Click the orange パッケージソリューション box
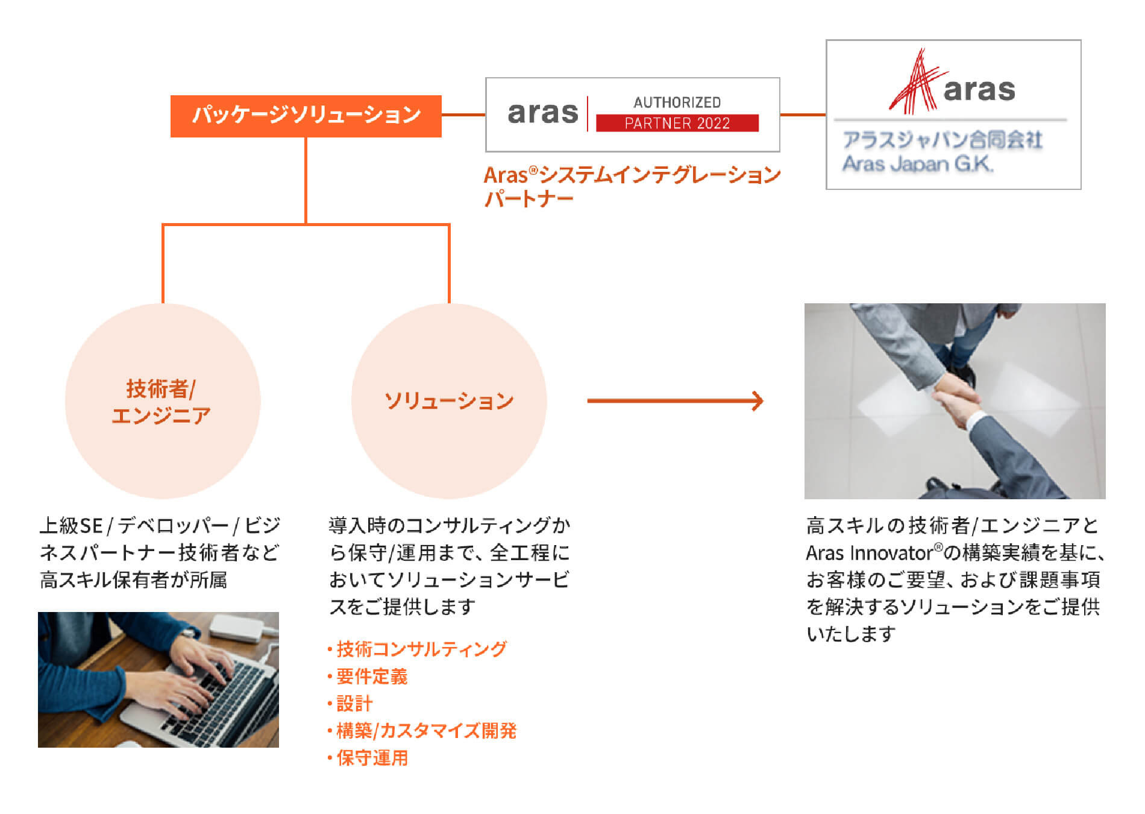click(306, 116)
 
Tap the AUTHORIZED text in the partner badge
click(677, 103)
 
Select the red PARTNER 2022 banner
click(677, 123)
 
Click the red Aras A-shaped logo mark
click(914, 81)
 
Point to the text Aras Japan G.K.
click(917, 164)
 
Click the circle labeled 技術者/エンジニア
click(163, 401)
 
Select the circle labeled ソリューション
click(449, 401)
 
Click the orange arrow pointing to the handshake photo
click(675, 401)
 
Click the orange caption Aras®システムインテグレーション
click(632, 175)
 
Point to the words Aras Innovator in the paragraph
click(870, 553)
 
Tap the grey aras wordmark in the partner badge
click(543, 113)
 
